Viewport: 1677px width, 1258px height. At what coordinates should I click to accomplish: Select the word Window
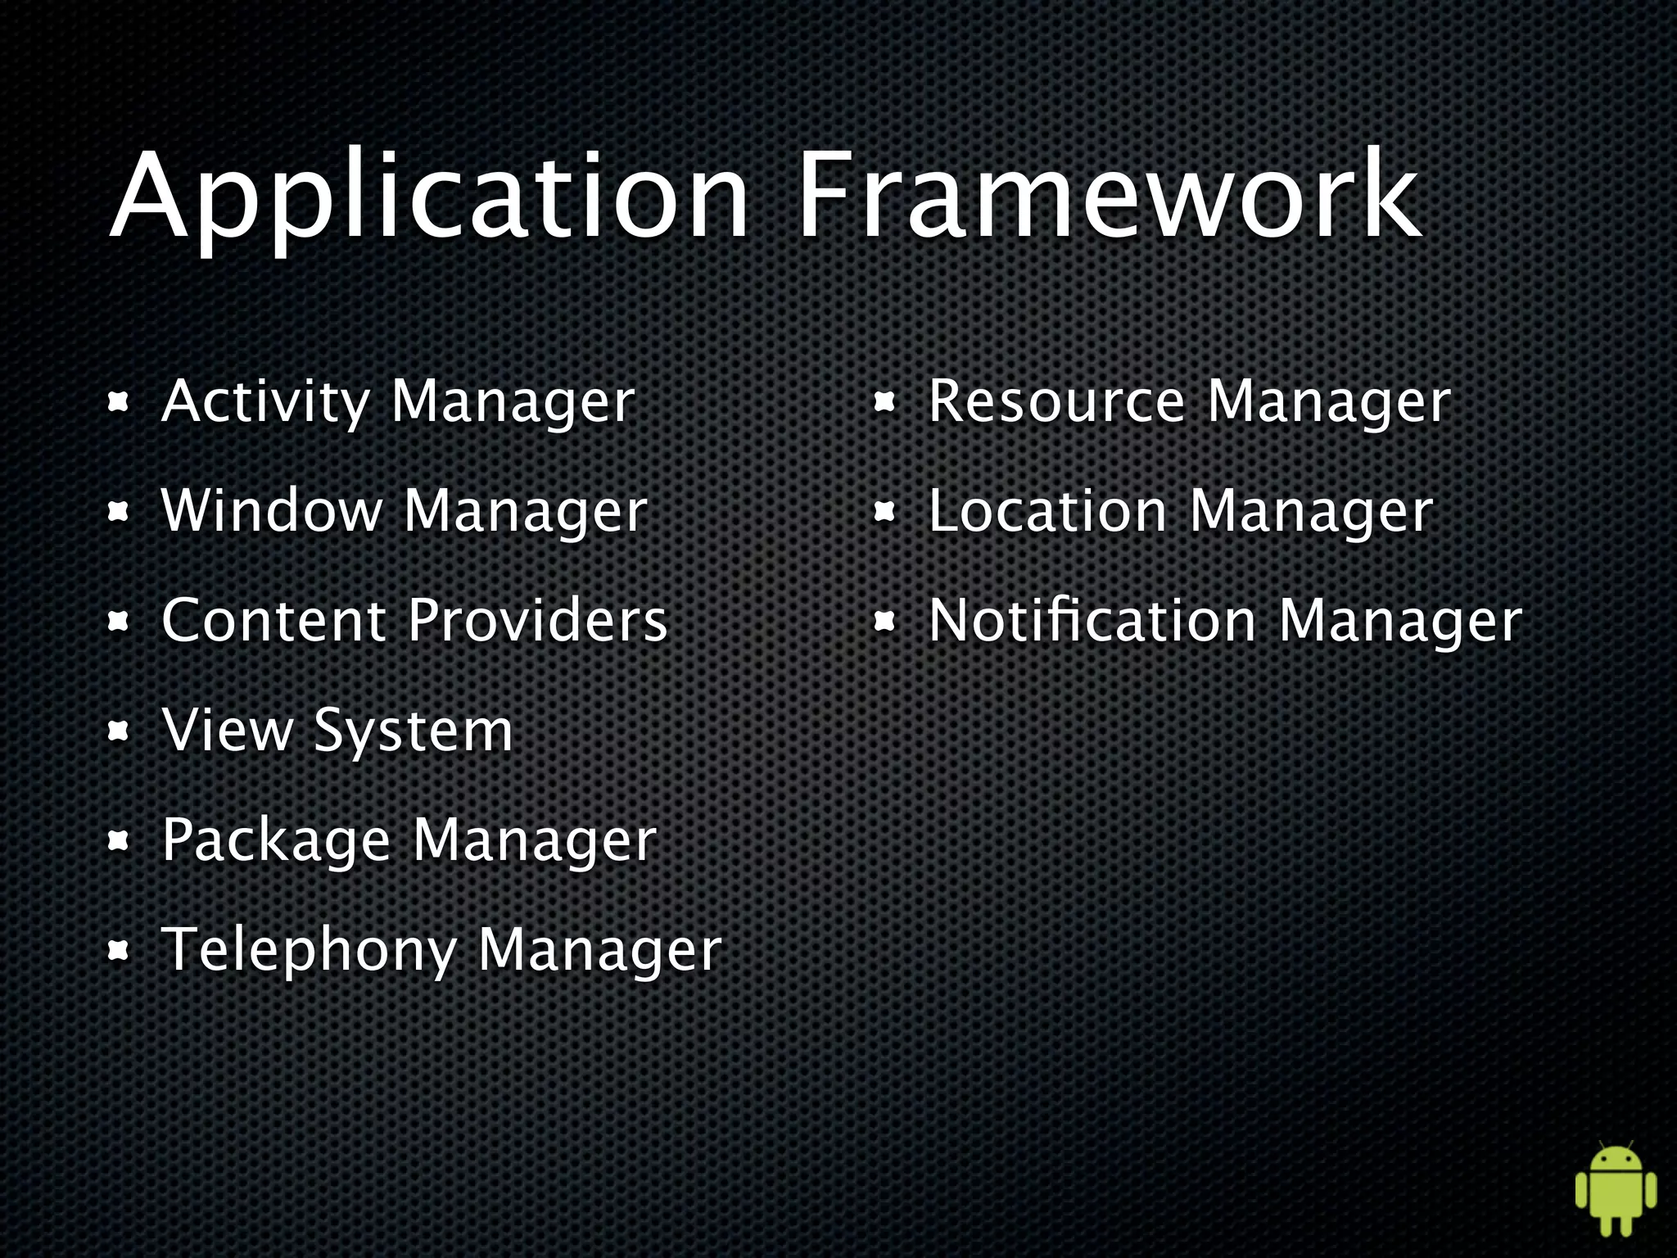272,511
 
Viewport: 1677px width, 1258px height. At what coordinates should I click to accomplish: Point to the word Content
273,620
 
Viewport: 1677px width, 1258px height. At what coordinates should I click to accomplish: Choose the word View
228,729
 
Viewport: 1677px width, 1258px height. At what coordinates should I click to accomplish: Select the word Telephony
309,951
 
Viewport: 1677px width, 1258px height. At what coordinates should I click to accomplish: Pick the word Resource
1057,403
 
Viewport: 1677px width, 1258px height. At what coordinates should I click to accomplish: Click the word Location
1048,511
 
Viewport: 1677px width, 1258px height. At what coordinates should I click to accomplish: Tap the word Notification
1092,620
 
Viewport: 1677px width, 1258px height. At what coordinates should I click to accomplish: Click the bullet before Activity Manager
119,404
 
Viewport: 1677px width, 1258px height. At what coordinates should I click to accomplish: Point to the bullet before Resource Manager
884,404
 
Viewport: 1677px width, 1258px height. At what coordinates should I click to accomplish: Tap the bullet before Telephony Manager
119,951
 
